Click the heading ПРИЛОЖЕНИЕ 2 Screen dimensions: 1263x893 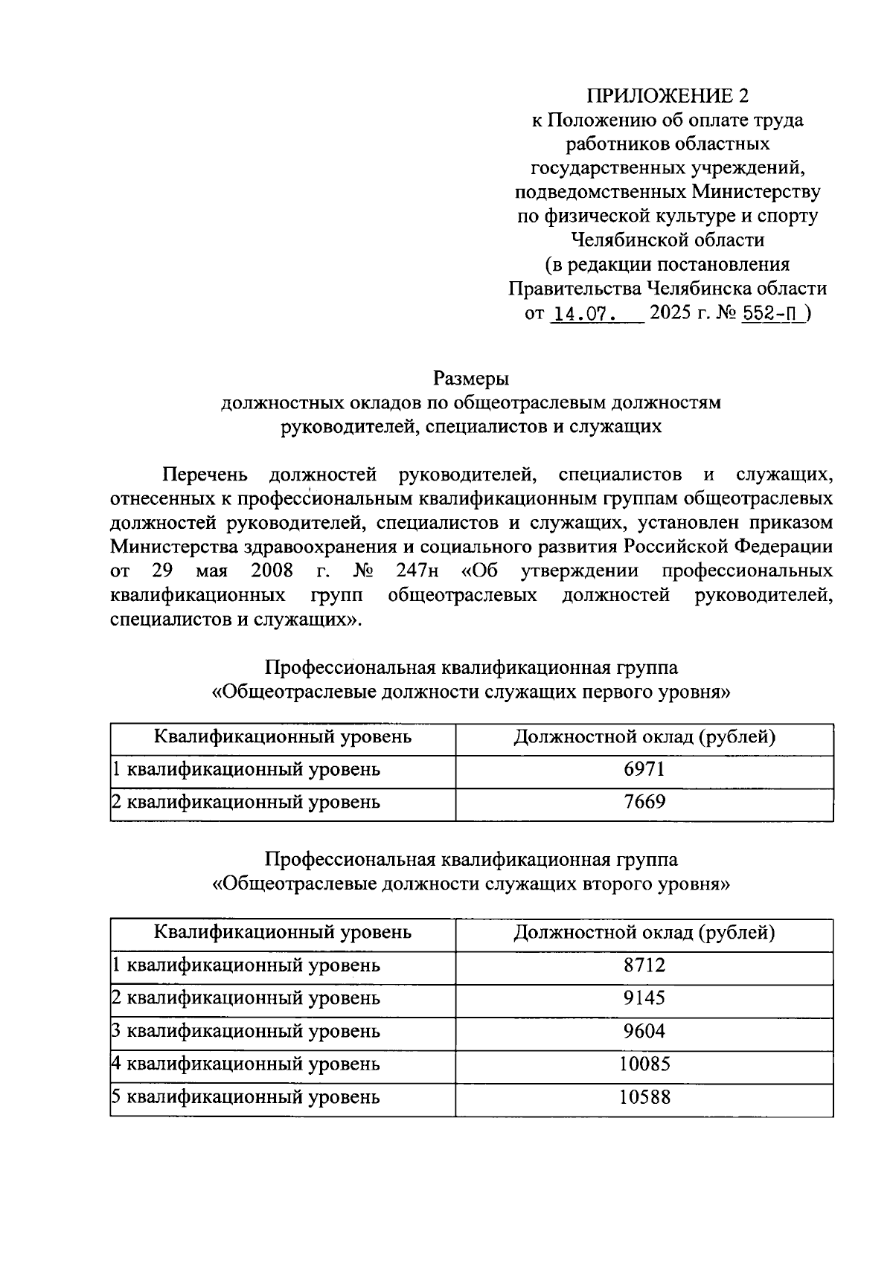click(667, 95)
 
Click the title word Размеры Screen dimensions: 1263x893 click(471, 379)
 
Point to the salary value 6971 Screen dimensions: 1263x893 click(644, 769)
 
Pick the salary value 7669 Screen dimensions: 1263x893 click(644, 802)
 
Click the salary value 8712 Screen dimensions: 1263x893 click(644, 965)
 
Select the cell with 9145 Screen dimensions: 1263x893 click(644, 998)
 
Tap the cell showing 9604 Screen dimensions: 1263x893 click(644, 1031)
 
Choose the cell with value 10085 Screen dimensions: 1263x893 click(644, 1064)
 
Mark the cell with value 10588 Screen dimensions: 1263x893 click(644, 1097)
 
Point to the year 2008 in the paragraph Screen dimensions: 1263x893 click(272, 572)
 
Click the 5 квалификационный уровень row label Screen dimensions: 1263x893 click(246, 1097)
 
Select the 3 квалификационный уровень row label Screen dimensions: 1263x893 click(246, 1031)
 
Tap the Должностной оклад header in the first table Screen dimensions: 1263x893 click(644, 737)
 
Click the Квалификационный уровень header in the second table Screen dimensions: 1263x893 click(283, 933)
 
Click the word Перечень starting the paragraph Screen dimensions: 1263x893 click(205, 475)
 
